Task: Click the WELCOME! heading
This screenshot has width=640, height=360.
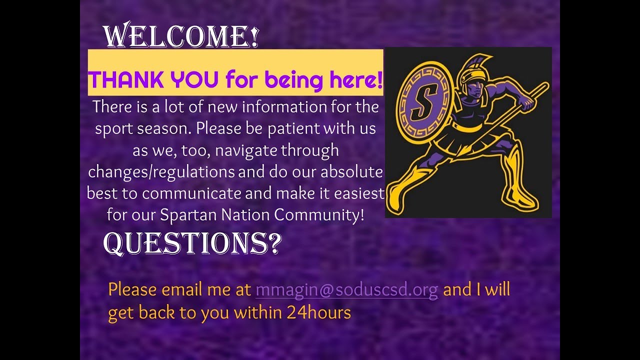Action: [181, 36]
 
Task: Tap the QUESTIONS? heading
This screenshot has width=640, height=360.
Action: [192, 243]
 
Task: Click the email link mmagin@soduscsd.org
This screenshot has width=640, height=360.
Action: [346, 290]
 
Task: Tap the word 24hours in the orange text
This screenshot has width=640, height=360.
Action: [318, 312]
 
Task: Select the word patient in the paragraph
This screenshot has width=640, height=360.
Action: [294, 128]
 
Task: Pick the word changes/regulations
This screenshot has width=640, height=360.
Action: [161, 172]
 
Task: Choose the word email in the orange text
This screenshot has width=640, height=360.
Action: [182, 290]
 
